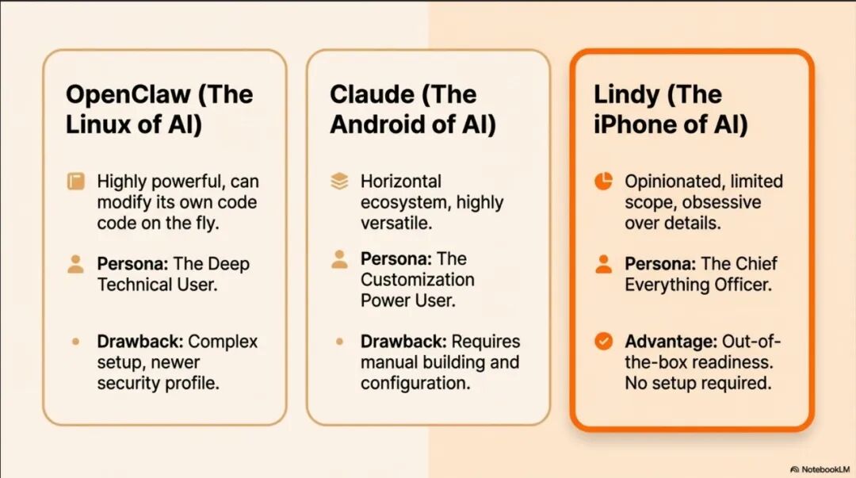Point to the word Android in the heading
[x=378, y=124]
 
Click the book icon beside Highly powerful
[x=76, y=181]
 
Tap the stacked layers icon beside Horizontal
[x=339, y=181]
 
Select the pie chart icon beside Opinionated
[x=603, y=181]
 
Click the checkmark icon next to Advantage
[x=603, y=342]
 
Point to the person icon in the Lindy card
[x=603, y=264]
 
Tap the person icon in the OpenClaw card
[x=76, y=264]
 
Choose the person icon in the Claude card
[x=339, y=259]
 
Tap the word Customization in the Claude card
[x=417, y=280]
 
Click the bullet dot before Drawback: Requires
[x=339, y=342]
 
